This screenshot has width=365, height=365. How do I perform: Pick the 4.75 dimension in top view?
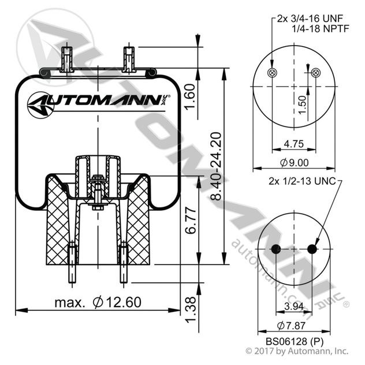tap(294, 144)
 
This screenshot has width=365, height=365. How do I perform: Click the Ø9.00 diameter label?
tap(295, 162)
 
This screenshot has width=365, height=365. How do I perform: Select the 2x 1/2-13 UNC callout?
tap(302, 181)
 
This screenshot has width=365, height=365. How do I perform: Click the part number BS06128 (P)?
tap(294, 341)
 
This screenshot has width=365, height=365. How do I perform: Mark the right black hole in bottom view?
tap(312, 249)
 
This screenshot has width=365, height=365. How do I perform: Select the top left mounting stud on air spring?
tap(67, 58)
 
